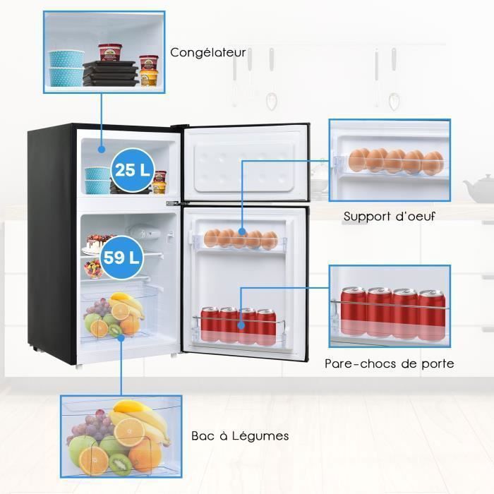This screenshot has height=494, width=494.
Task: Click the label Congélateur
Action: click(x=208, y=52)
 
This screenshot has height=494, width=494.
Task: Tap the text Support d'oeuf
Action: click(x=389, y=216)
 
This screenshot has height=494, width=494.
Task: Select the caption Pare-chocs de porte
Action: click(x=389, y=364)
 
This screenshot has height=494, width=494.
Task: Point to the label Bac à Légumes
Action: click(x=240, y=435)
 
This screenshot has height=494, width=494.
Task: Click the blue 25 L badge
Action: click(x=131, y=170)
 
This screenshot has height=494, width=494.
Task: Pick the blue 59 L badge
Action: click(x=121, y=256)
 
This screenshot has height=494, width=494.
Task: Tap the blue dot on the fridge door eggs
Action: click(x=241, y=231)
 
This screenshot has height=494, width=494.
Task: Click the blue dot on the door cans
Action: click(x=241, y=325)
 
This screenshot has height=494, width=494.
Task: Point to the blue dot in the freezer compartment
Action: click(x=101, y=150)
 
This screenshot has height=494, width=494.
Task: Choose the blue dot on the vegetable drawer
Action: click(x=121, y=337)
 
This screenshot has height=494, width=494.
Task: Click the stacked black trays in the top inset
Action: click(x=110, y=73)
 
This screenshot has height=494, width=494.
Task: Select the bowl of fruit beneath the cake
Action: click(x=92, y=270)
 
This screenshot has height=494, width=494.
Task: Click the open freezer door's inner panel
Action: click(x=243, y=162)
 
